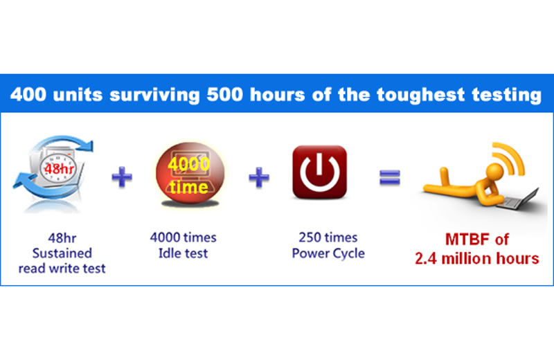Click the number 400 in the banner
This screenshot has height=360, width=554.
28,95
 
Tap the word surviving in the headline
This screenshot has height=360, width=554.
154,96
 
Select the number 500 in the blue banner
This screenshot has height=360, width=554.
224,95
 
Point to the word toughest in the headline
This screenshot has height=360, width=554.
420,96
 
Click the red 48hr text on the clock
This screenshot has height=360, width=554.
59,169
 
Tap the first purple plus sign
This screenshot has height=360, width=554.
122,177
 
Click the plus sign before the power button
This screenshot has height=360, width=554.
259,177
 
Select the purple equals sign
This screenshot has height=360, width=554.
390,177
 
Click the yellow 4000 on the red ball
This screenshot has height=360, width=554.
188,164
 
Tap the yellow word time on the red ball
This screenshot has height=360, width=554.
188,187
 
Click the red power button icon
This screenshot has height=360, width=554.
319,172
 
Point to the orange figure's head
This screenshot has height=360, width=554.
494,172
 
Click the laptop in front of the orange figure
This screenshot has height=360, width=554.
519,200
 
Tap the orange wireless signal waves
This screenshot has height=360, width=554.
510,158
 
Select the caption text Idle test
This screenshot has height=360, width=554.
183,253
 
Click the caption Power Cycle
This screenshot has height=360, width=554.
328,253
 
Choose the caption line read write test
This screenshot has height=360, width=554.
62,269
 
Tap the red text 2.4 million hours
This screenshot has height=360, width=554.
477,259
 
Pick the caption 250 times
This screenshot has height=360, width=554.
328,237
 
